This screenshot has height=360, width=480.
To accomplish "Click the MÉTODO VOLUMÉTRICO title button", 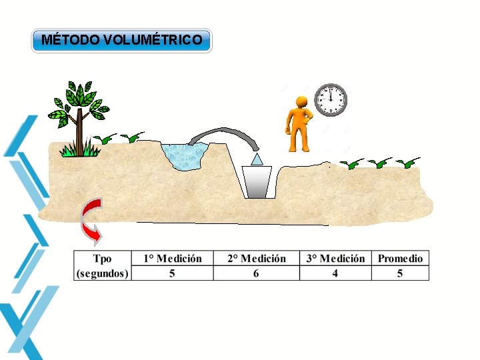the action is pyautogui.click(x=122, y=40).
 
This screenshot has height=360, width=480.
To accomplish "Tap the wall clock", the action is pyautogui.click(x=331, y=100).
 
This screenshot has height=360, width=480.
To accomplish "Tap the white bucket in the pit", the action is pyautogui.click(x=257, y=181).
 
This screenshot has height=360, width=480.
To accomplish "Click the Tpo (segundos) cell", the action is pyautogui.click(x=103, y=265).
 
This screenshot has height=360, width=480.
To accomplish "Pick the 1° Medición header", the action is pyautogui.click(x=172, y=258).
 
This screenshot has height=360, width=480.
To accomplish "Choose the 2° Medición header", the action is pyautogui.click(x=257, y=258).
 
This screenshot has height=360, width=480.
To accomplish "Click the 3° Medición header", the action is pyautogui.click(x=335, y=258).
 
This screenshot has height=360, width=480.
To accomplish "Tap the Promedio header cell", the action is pyautogui.click(x=400, y=258).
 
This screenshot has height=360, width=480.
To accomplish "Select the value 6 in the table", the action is pyautogui.click(x=257, y=273).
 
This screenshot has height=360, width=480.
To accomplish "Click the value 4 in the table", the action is pyautogui.click(x=335, y=273).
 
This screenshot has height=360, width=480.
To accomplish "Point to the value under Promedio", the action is pyautogui.click(x=400, y=273).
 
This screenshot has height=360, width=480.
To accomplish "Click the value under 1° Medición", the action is pyautogui.click(x=172, y=273).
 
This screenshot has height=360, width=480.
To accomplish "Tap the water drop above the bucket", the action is pyautogui.click(x=257, y=159).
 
